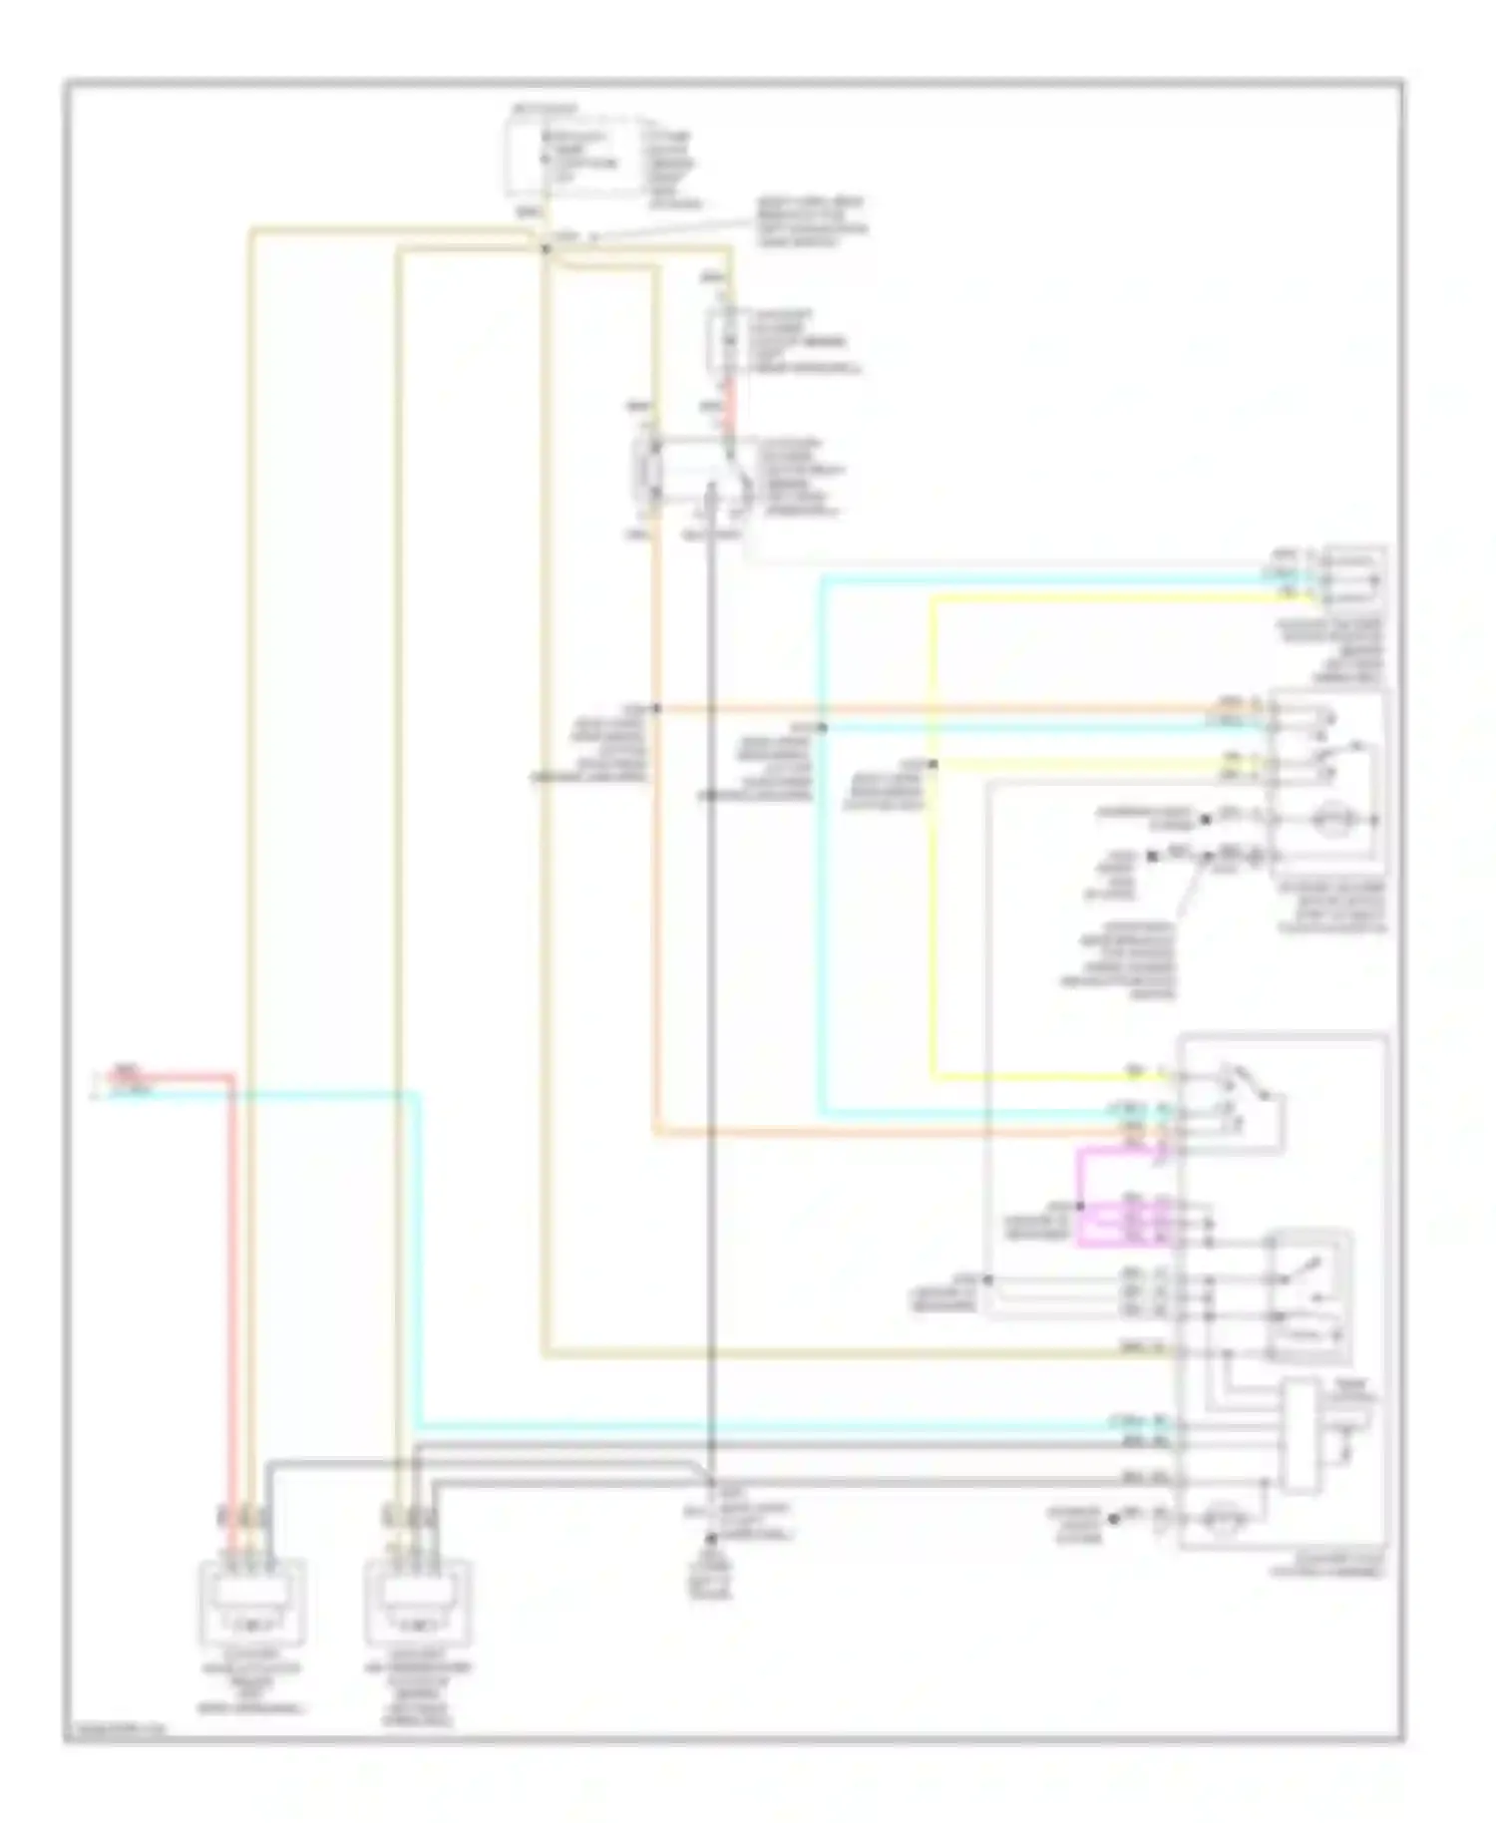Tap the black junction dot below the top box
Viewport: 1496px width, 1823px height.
[546, 247]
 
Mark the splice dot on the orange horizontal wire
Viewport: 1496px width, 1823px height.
[656, 709]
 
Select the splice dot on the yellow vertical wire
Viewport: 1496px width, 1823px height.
[934, 765]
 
